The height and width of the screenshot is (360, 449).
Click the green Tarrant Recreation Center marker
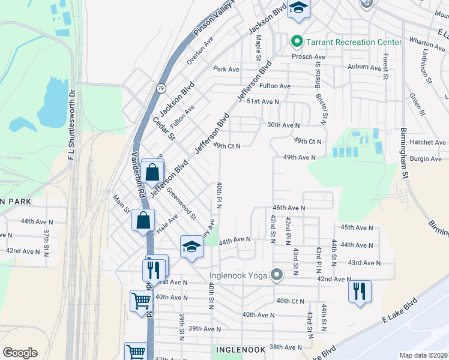tap(296, 42)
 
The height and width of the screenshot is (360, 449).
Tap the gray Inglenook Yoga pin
tap(277, 275)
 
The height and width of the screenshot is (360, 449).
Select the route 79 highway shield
tap(161, 88)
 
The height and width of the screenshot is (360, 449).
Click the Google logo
tap(20, 353)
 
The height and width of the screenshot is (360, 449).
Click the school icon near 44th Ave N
tap(191, 247)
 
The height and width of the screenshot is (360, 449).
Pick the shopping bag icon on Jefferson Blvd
tap(152, 172)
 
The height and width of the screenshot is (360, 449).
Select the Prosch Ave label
tap(309, 56)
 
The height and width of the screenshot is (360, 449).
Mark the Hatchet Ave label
tap(427, 142)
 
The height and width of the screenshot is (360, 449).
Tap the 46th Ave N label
tap(289, 208)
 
